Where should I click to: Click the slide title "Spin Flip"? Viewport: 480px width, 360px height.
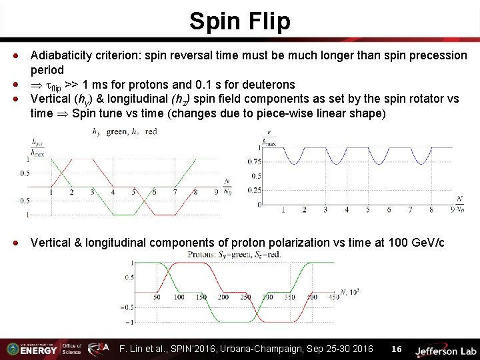[240, 21]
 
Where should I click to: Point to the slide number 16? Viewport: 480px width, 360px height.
[397, 349]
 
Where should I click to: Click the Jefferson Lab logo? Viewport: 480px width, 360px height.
[445, 349]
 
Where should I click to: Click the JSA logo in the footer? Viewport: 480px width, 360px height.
[98, 348]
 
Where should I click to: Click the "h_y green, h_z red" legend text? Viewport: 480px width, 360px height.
[125, 131]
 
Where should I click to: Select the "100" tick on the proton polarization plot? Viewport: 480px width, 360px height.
[180, 296]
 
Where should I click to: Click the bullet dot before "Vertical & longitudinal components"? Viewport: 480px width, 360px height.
[22, 243]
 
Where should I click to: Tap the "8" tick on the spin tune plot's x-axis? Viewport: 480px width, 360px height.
[432, 209]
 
